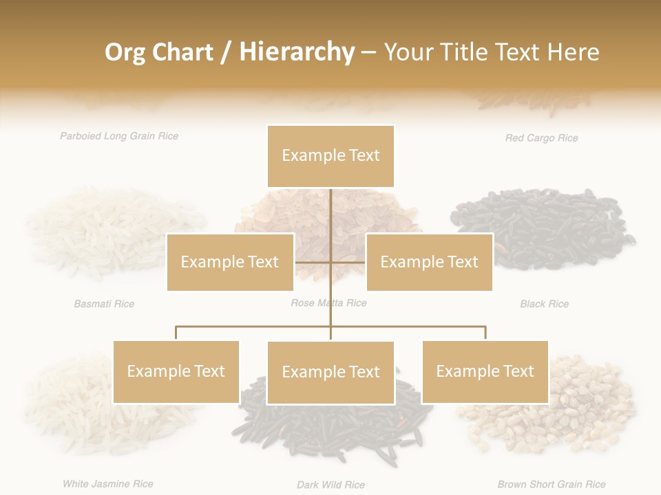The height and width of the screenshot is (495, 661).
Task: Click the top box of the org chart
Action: point(330,156)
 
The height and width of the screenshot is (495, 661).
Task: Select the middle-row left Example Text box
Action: point(230,262)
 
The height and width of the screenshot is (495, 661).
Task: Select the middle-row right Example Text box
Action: point(429,262)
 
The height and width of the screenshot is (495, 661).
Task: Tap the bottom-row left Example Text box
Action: point(176,371)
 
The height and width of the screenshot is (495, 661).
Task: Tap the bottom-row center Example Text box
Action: point(330,372)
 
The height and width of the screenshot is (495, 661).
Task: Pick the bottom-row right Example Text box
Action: point(485,371)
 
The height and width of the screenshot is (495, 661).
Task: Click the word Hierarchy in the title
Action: point(297,52)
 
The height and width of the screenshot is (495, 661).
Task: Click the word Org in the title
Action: point(125,52)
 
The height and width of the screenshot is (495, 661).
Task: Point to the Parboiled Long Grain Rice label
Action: point(119,136)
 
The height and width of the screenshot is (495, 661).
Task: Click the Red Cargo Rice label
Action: point(541,138)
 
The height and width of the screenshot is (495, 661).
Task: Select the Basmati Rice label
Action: point(104,304)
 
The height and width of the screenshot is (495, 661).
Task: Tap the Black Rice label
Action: point(544,304)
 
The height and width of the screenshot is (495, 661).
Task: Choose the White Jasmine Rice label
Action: point(108,484)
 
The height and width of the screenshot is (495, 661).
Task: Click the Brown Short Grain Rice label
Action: point(552,485)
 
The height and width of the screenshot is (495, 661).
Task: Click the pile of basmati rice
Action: point(114,230)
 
